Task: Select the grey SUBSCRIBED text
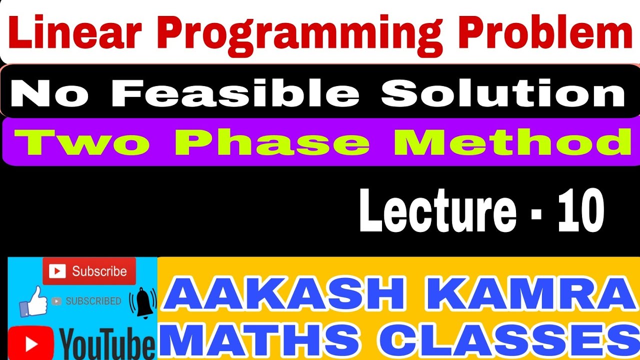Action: (93, 301)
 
